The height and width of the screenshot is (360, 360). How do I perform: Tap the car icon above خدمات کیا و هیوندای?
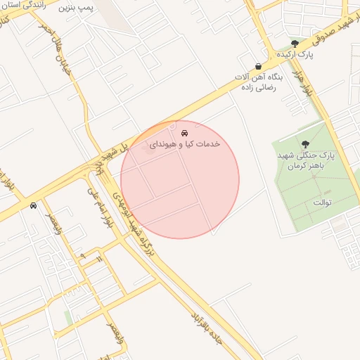pos(184,132)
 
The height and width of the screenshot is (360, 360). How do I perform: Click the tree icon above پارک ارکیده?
pos(304,44)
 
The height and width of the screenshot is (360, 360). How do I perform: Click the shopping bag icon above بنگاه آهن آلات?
pos(259,66)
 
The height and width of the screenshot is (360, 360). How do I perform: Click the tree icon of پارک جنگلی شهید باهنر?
pos(304,144)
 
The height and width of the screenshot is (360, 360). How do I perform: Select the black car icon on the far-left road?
pos(34,205)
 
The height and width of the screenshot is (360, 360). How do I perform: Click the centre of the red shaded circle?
pos(180,179)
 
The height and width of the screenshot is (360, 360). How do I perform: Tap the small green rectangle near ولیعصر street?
pos(68,317)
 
